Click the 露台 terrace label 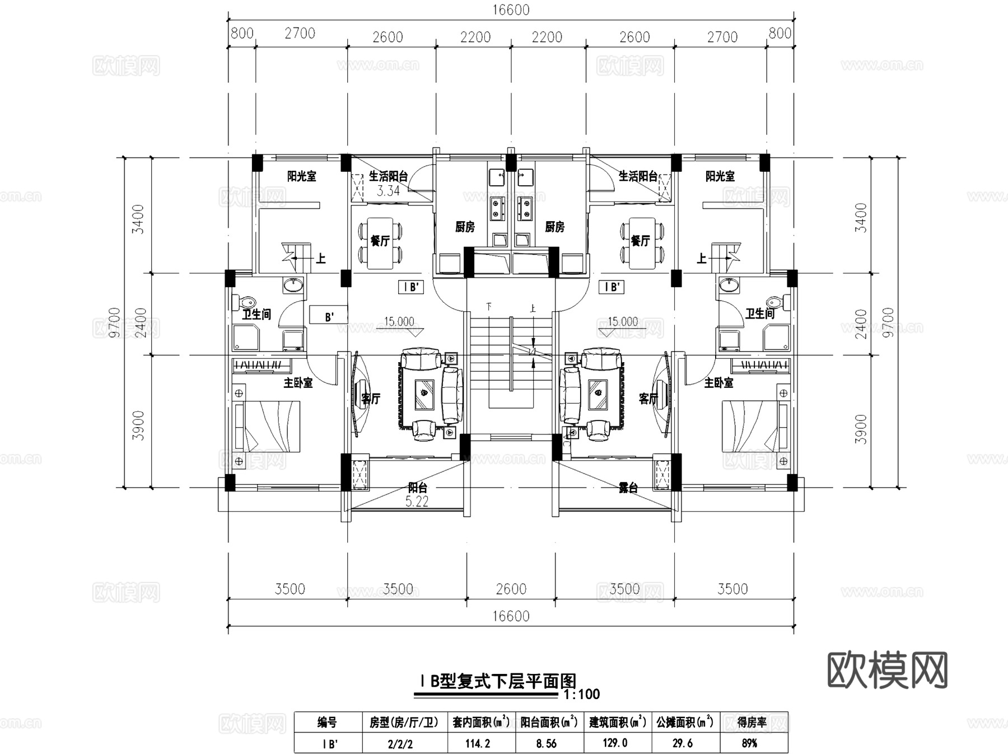click(x=628, y=488)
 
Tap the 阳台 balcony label click(x=418, y=488)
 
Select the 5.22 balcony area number click(x=417, y=502)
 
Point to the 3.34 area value click(x=388, y=191)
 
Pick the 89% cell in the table click(x=749, y=743)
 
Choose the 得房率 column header click(x=752, y=723)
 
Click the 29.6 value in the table click(x=683, y=743)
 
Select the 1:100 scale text click(x=581, y=695)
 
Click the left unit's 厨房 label click(x=465, y=227)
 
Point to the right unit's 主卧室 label click(x=718, y=383)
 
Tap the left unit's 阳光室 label click(x=302, y=176)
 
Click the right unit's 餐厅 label click(x=640, y=241)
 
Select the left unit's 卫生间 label click(x=256, y=315)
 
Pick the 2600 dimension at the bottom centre click(x=511, y=589)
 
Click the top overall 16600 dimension click(x=511, y=10)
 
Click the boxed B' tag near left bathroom click(x=329, y=317)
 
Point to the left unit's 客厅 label click(x=371, y=399)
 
